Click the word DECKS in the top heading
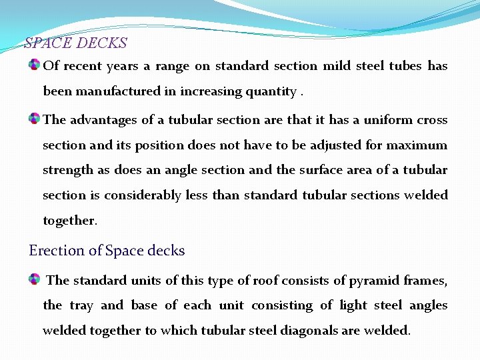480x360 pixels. (x=101, y=43)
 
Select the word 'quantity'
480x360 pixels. (x=272, y=91)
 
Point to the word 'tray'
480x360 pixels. (x=81, y=305)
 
